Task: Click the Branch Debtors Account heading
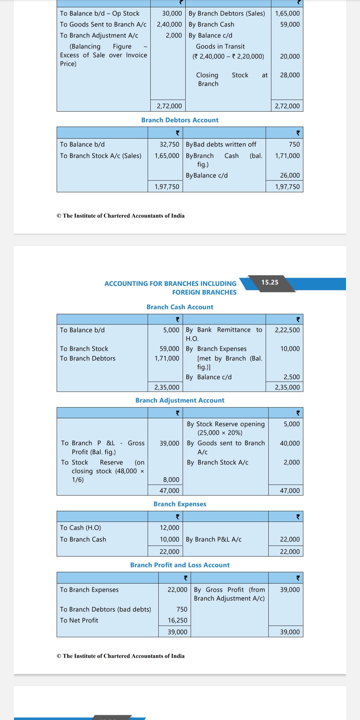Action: click(180, 120)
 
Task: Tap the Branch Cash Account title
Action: click(180, 307)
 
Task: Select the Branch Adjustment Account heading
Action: click(180, 400)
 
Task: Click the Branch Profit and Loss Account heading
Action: click(180, 565)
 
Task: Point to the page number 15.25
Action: click(270, 282)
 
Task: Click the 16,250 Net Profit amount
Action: click(177, 620)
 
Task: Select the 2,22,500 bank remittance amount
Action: click(287, 330)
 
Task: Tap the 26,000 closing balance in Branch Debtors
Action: click(290, 175)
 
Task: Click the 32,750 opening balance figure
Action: click(169, 144)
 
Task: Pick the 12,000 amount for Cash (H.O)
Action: click(169, 528)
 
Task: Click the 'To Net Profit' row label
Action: click(79, 620)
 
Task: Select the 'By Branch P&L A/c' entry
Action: click(214, 539)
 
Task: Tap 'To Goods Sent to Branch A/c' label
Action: click(103, 24)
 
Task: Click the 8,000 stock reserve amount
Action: click(171, 480)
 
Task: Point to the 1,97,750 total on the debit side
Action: click(167, 187)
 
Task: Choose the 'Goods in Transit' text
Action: click(220, 46)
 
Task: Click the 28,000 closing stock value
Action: click(290, 75)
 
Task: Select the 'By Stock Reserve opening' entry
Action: click(226, 424)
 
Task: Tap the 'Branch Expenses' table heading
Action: click(180, 504)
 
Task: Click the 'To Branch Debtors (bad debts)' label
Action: click(105, 609)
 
